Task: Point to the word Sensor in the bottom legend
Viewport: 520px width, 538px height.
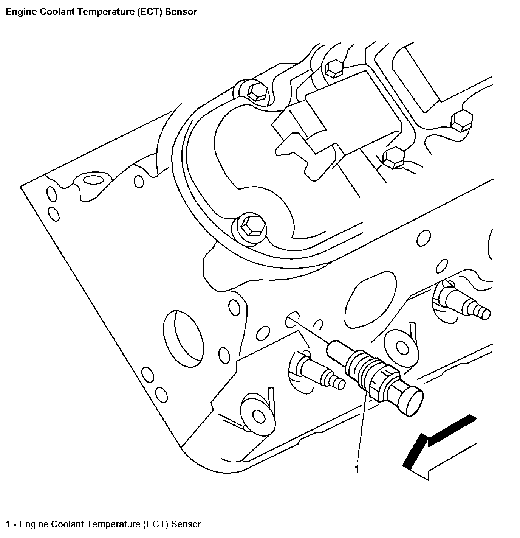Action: [186, 524]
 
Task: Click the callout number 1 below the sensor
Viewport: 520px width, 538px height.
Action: [357, 470]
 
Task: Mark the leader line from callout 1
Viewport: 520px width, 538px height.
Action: [361, 428]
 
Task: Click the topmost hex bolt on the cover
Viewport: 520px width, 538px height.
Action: [334, 69]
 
